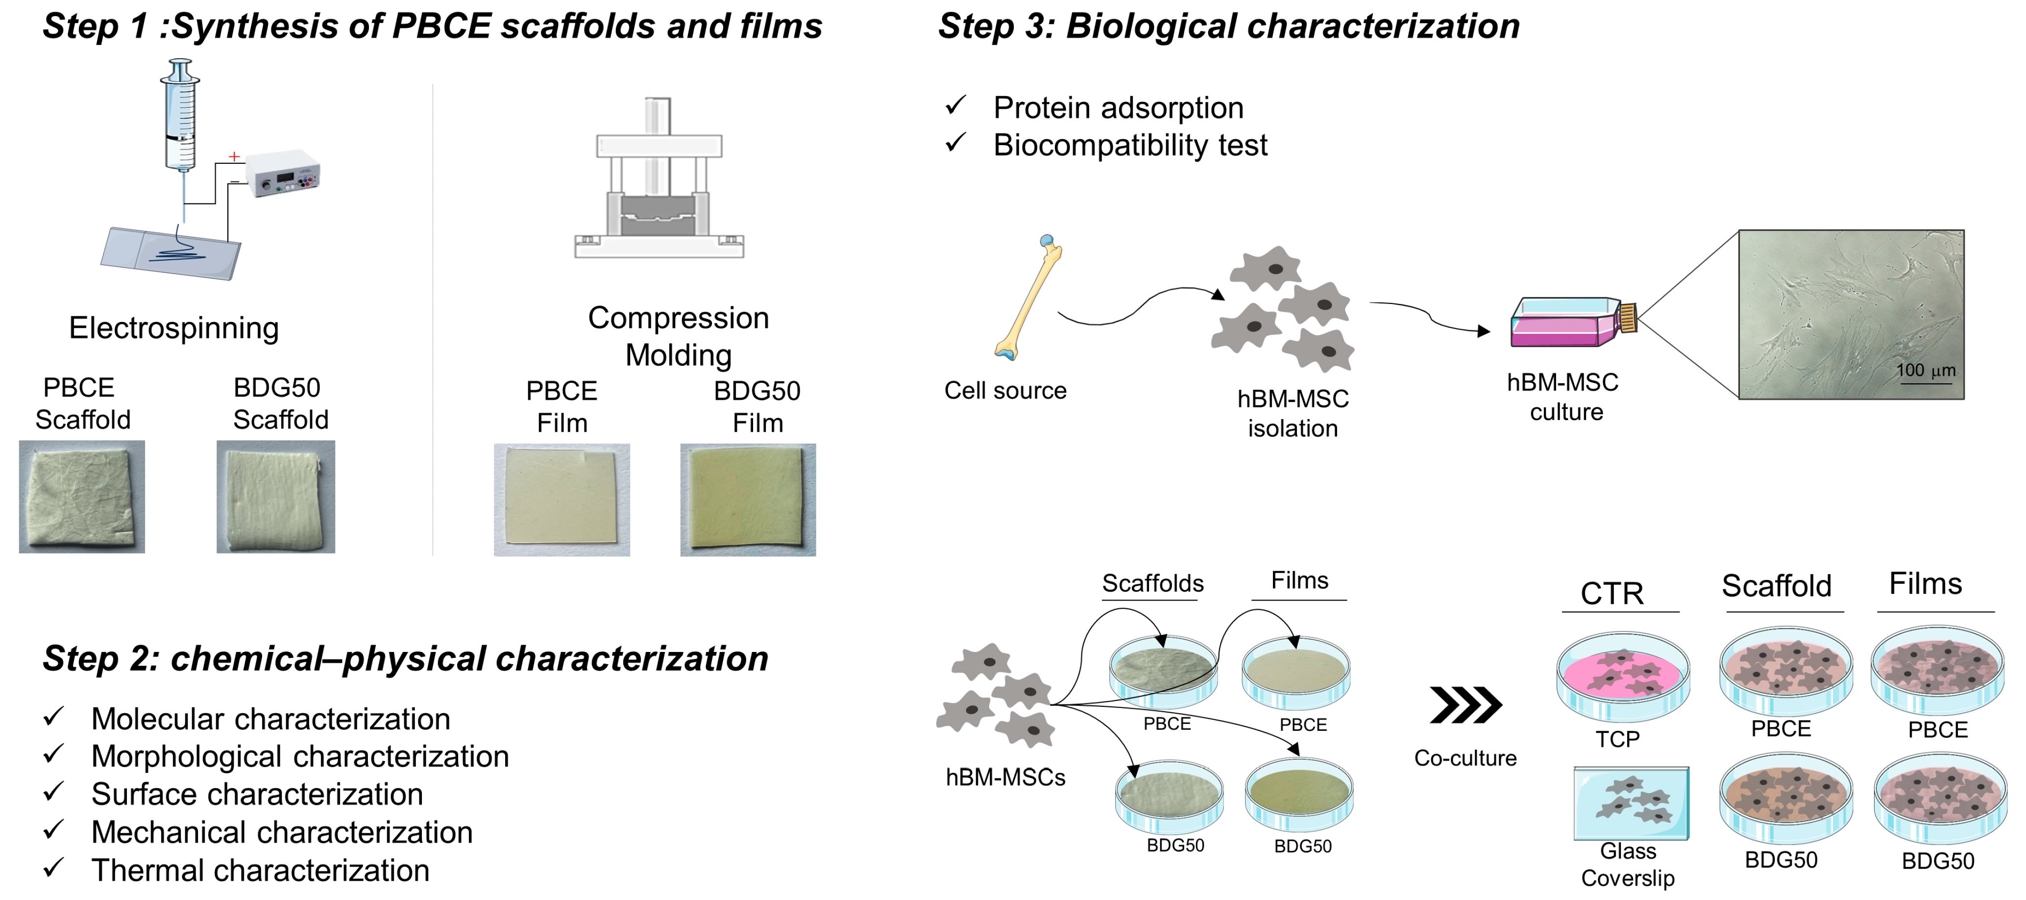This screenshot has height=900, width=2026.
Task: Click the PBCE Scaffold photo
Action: (x=82, y=497)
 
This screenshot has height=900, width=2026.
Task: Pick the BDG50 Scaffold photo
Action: (x=276, y=497)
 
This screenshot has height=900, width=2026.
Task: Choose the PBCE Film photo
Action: (x=561, y=500)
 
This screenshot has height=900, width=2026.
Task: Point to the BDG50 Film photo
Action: (x=748, y=500)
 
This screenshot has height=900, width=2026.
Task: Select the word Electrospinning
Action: (x=174, y=328)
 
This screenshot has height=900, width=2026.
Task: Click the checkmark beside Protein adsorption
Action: (x=955, y=105)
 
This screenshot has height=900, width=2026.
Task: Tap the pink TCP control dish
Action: (x=1622, y=676)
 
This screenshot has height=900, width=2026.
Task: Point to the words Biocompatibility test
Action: (x=1130, y=146)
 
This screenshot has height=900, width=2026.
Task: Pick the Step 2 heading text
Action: (x=405, y=658)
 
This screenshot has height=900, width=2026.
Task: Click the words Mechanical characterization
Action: (x=282, y=832)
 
